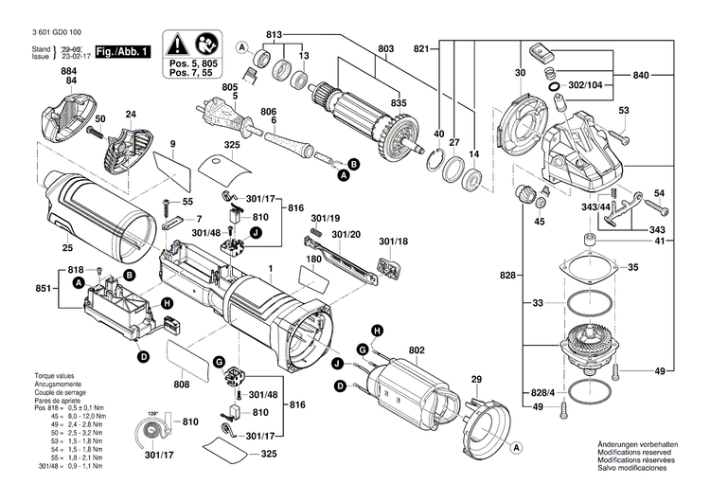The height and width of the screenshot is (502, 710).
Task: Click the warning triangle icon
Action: point(177,44)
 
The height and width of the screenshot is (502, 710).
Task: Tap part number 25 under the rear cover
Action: point(66,249)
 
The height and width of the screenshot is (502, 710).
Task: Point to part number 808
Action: point(181,385)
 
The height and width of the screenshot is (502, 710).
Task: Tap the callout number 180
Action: point(313,258)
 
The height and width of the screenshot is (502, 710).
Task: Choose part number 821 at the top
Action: point(421,48)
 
